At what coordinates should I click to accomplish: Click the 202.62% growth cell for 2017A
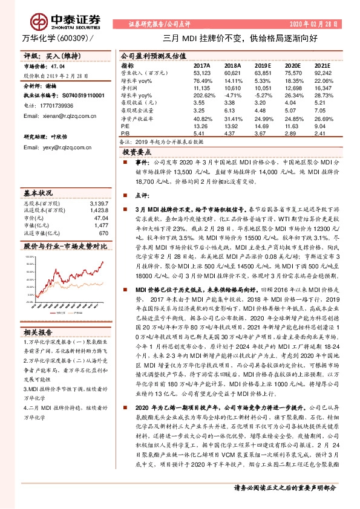[203, 88]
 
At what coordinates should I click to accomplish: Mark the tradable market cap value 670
[103, 233]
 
